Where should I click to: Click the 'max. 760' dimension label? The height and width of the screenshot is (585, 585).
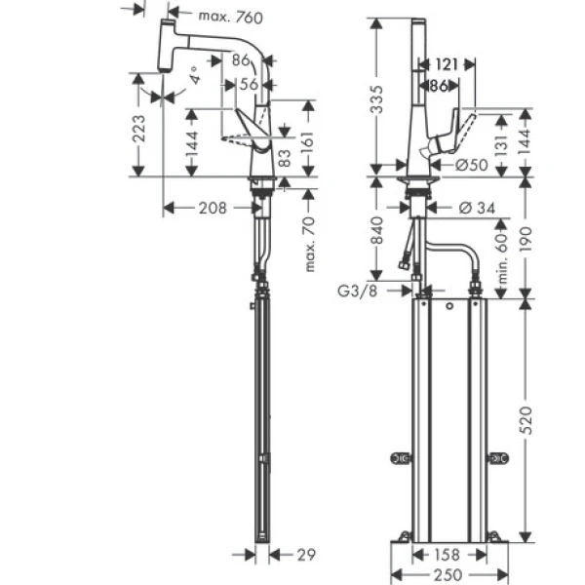pyautogui.click(x=224, y=16)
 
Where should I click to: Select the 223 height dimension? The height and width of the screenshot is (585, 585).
pyautogui.click(x=138, y=129)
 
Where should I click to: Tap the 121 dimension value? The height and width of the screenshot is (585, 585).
pyautogui.click(x=447, y=64)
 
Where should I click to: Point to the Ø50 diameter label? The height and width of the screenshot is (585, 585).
pyautogui.click(x=471, y=166)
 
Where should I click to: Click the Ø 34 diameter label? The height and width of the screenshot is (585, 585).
pyautogui.click(x=479, y=207)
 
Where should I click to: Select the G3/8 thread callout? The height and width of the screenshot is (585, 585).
pyautogui.click(x=357, y=290)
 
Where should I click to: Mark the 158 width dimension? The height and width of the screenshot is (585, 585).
pyautogui.click(x=448, y=556)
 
